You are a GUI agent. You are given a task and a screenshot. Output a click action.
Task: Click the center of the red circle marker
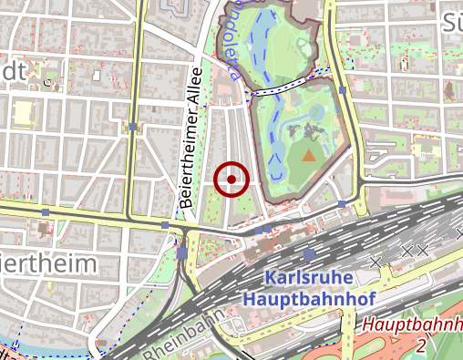[231, 180]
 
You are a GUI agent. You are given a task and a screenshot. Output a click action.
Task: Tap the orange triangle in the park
[309, 156]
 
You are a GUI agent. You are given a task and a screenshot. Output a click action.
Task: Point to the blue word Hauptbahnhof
[311, 298]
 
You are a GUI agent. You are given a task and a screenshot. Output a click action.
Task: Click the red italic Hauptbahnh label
[411, 324]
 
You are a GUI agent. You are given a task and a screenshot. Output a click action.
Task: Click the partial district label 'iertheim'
[47, 264]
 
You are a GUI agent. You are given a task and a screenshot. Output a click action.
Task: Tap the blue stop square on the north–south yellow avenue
[133, 127]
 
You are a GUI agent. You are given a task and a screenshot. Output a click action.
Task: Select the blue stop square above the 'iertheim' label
[46, 212]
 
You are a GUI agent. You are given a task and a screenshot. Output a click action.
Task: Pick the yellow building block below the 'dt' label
[20, 113]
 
